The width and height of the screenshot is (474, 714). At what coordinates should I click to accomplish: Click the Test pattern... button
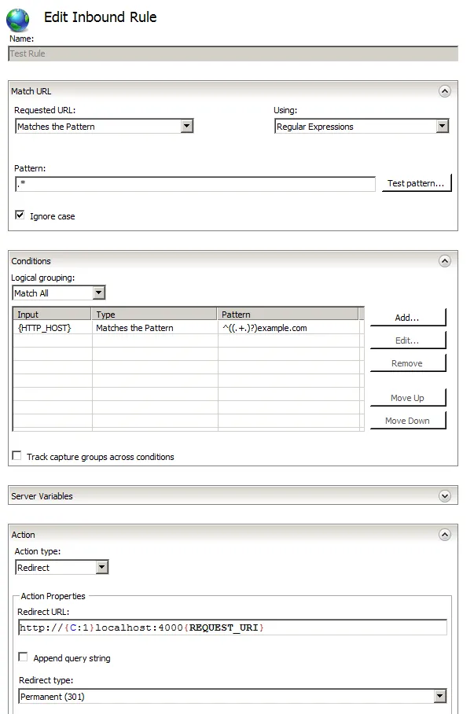(x=416, y=183)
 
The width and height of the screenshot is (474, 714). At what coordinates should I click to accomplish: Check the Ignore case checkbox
(x=20, y=215)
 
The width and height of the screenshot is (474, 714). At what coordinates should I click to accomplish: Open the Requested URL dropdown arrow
(x=186, y=126)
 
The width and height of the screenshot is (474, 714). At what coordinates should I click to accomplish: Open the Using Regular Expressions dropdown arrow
(x=442, y=126)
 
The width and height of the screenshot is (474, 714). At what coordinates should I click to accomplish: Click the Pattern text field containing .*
(x=195, y=183)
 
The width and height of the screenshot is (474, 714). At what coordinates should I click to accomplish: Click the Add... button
(x=407, y=318)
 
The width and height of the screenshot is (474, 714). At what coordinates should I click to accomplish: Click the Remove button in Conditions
(x=407, y=363)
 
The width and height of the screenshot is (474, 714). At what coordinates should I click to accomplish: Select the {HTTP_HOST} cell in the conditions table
(x=52, y=328)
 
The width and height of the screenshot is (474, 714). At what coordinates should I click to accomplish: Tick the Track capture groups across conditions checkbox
(x=17, y=455)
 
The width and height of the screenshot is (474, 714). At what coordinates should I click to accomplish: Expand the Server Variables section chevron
(x=445, y=496)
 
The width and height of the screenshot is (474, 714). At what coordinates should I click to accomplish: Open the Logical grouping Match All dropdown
(x=98, y=293)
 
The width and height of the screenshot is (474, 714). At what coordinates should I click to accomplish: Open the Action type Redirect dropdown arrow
(x=101, y=567)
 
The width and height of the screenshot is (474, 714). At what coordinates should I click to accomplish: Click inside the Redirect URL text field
(x=232, y=628)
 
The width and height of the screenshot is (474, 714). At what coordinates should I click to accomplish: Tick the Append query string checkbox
(x=24, y=657)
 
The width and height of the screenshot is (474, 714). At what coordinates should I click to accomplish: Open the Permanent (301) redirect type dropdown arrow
(x=439, y=696)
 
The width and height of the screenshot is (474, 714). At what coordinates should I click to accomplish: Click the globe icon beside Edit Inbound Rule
(x=18, y=20)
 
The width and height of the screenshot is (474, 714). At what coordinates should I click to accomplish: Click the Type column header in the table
(x=155, y=315)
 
